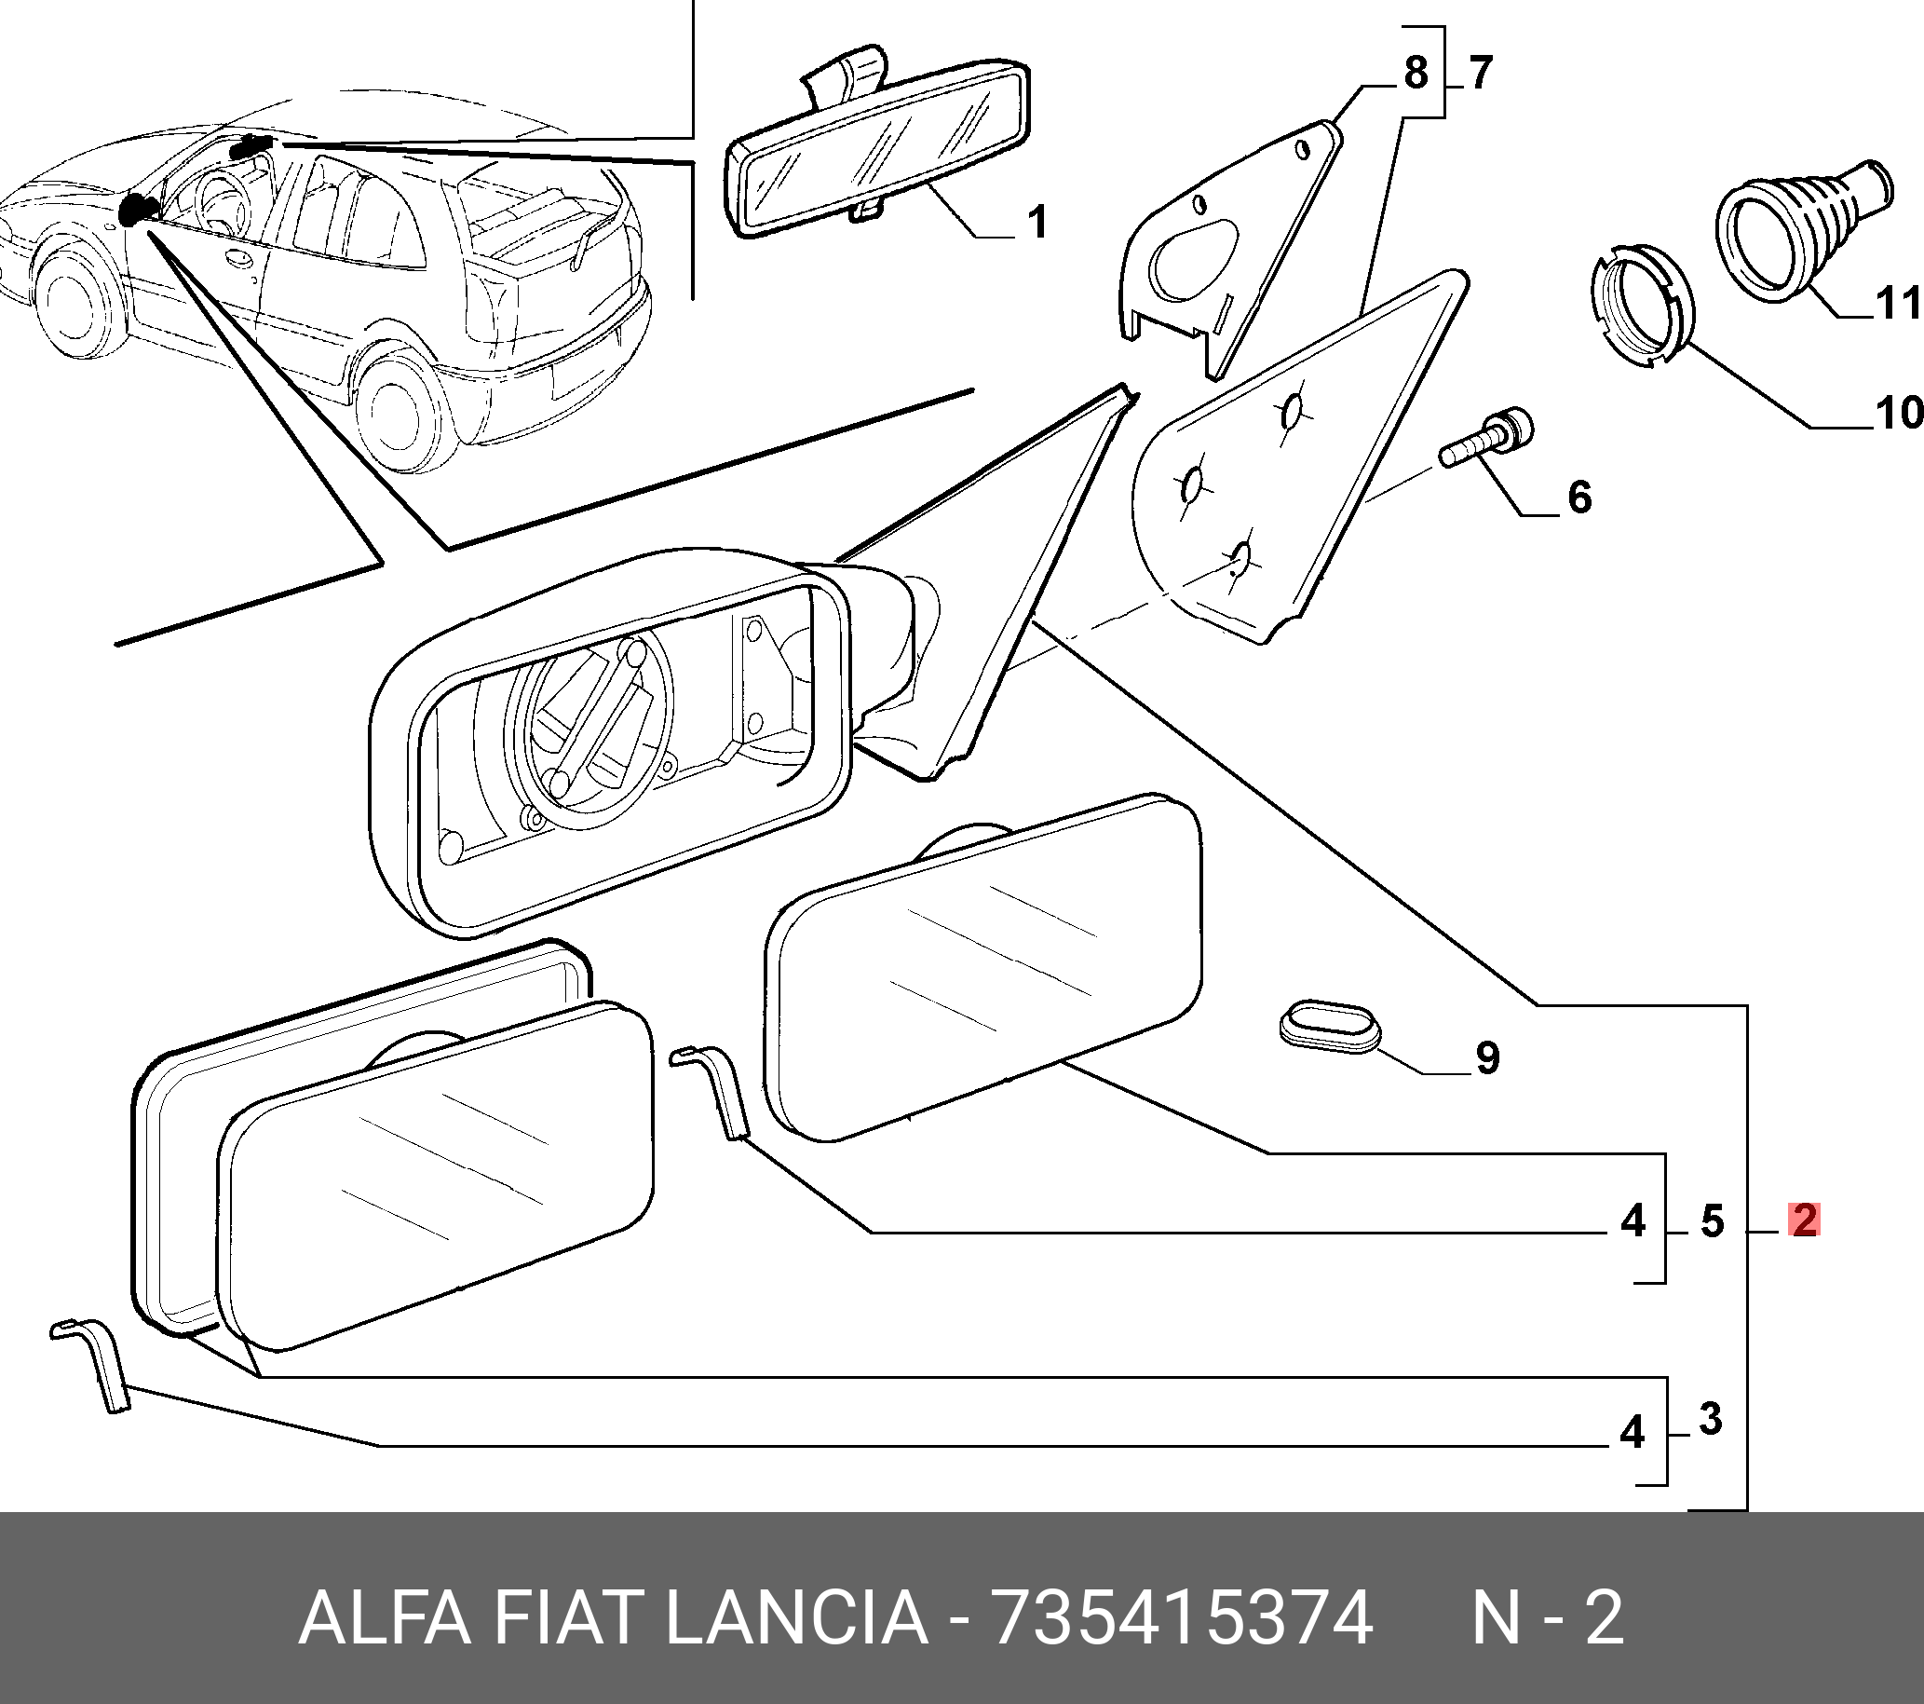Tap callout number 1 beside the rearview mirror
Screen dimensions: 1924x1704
coord(1036,222)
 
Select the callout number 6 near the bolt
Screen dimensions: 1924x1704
coord(1578,497)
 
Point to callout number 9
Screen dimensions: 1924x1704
coord(1487,1057)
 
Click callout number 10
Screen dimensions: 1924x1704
coord(1896,413)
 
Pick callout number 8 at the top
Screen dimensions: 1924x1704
coord(1415,73)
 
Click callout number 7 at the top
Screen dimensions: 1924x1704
coord(1479,73)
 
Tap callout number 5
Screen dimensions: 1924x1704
coord(1712,1221)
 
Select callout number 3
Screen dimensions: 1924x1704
coord(1711,1418)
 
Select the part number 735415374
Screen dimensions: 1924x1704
coord(1183,1619)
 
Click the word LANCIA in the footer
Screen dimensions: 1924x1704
coord(796,1618)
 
